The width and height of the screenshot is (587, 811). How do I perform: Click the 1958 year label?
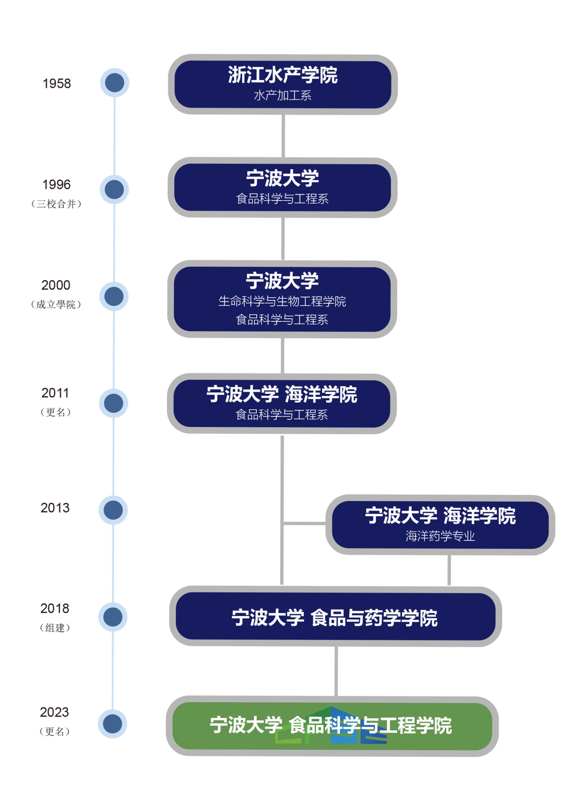[x=56, y=83]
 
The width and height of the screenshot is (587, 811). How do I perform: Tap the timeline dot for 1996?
[x=114, y=190]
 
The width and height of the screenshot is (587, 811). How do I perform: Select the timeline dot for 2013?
[x=113, y=510]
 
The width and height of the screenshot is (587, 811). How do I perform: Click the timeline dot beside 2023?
[x=113, y=724]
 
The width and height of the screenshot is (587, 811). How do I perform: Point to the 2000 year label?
[x=56, y=285]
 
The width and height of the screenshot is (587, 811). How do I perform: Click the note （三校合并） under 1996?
[x=56, y=204]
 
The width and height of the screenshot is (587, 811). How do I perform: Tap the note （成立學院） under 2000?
[x=56, y=304]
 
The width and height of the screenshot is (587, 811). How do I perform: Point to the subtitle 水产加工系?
[x=282, y=95]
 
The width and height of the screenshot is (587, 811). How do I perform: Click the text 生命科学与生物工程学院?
[x=282, y=301]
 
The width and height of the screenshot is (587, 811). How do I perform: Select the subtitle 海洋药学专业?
[x=440, y=536]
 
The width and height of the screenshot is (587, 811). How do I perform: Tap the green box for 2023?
[x=332, y=726]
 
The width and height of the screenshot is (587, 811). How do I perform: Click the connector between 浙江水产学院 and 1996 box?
[x=283, y=136]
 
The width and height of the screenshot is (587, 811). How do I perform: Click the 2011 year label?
[x=55, y=393]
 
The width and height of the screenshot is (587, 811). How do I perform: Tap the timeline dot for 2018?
[x=113, y=617]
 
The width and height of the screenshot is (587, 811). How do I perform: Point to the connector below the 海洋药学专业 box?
[x=449, y=570]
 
